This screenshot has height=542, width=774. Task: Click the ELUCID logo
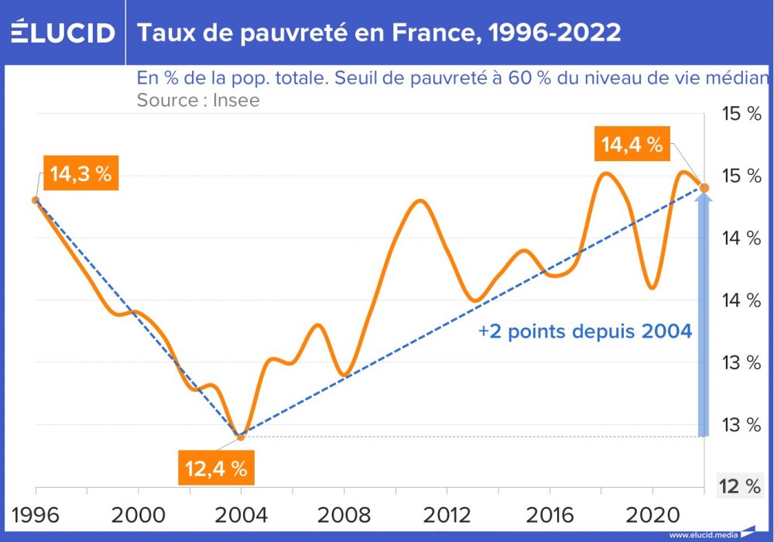click(63, 33)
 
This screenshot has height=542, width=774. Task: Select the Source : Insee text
click(198, 100)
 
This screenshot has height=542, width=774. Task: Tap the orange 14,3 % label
click(80, 174)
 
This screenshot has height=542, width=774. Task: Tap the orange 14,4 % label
click(632, 144)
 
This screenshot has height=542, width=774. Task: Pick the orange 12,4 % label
click(216, 468)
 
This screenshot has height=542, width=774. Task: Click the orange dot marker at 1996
click(36, 200)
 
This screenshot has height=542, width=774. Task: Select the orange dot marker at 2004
click(241, 437)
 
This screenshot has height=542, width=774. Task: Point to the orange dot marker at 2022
click(704, 187)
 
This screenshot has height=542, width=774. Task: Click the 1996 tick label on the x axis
click(36, 515)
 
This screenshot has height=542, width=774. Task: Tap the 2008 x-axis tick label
click(344, 515)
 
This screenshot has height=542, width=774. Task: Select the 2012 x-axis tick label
click(446, 515)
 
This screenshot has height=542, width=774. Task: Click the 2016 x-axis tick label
click(549, 515)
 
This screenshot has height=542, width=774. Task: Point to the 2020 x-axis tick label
click(652, 515)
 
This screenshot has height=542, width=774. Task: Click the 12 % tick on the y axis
click(740, 486)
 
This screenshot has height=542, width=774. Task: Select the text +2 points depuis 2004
click(584, 331)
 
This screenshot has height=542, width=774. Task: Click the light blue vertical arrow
click(704, 317)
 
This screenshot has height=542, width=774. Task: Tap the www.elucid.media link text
click(702, 534)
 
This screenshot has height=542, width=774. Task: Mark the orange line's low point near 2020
click(652, 288)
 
